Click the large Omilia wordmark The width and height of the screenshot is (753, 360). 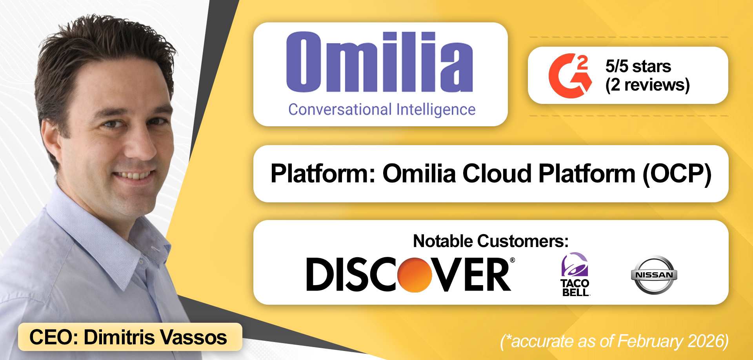[380, 62]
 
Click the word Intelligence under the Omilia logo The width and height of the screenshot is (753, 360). [436, 110]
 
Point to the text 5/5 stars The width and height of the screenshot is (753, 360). [638, 66]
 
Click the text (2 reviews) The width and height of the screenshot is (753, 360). [648, 85]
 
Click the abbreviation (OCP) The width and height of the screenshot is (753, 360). [677, 174]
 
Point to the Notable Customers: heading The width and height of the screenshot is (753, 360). [491, 241]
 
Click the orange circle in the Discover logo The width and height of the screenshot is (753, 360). [415, 275]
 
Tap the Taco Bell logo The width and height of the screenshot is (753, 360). [575, 275]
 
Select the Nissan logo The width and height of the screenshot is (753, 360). [654, 275]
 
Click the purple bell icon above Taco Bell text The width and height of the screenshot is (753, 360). [575, 265]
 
